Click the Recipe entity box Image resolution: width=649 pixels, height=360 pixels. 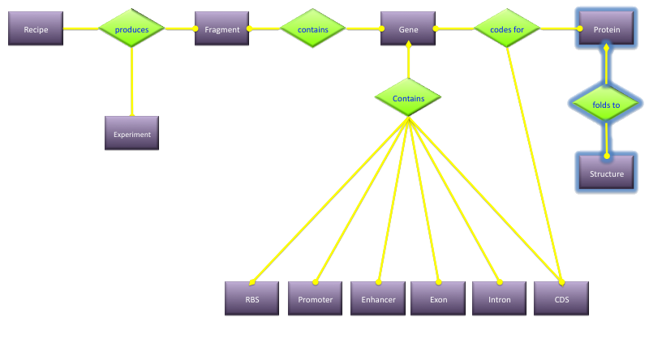pyautogui.click(x=35, y=29)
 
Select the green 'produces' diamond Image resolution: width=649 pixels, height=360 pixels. pyautogui.click(x=131, y=29)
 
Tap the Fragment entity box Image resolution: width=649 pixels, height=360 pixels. pyautogui.click(x=221, y=29)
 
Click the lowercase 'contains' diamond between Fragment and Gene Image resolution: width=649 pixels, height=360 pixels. pyautogui.click(x=313, y=29)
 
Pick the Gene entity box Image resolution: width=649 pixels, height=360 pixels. pyautogui.click(x=408, y=29)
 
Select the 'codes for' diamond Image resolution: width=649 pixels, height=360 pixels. pyautogui.click(x=507, y=29)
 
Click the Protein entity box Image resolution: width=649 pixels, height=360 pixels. pyautogui.click(x=607, y=29)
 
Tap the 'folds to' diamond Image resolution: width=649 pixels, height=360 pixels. pyautogui.click(x=606, y=105)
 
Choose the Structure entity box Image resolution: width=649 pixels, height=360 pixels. pyautogui.click(x=606, y=174)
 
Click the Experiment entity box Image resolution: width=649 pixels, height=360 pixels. pyautogui.click(x=131, y=134)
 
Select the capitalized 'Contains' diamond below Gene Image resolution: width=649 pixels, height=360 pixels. pyautogui.click(x=408, y=98)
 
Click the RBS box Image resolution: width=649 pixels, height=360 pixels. pyautogui.click(x=251, y=298)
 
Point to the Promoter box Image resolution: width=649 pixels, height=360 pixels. pyautogui.click(x=315, y=298)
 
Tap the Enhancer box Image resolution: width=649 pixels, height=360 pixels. pyautogui.click(x=378, y=298)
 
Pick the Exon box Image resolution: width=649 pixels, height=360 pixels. pyautogui.click(x=437, y=298)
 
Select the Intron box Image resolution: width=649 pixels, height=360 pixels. pyautogui.click(x=500, y=298)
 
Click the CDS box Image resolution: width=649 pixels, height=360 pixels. pyautogui.click(x=561, y=298)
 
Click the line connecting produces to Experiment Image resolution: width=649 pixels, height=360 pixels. pyautogui.click(x=131, y=81)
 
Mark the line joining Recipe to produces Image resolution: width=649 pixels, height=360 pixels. pyautogui.click(x=81, y=29)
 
